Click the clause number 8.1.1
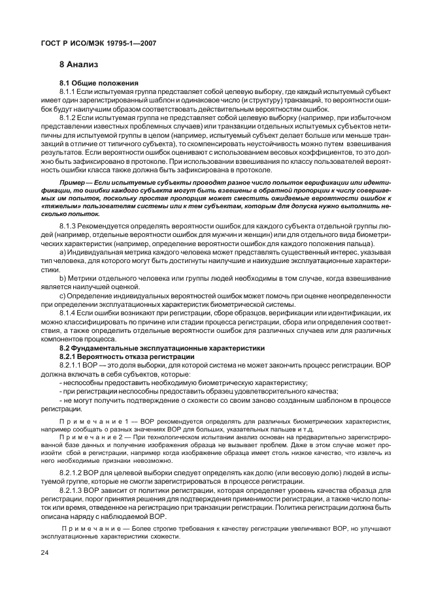(69, 91)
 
